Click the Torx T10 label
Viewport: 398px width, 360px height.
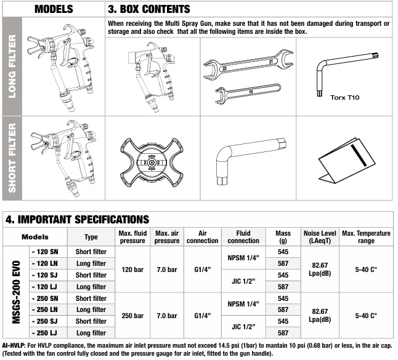(344, 97)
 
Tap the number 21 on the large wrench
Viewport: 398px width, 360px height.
(271, 62)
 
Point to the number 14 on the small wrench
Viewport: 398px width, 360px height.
(251, 91)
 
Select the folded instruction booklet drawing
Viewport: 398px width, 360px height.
(347, 160)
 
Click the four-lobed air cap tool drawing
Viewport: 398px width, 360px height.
(152, 162)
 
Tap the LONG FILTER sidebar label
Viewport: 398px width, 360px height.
(12, 66)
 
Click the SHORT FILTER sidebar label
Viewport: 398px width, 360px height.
(12, 158)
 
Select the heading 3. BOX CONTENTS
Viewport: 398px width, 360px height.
(148, 9)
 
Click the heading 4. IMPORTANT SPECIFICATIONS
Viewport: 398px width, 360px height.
(77, 220)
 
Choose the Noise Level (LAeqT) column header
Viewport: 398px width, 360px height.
(320, 237)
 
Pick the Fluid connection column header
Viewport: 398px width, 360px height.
(243, 237)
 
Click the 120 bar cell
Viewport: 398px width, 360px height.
(132, 270)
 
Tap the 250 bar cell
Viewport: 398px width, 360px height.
(132, 316)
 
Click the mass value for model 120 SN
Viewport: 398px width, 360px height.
(283, 252)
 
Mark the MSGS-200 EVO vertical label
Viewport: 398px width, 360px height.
(16, 292)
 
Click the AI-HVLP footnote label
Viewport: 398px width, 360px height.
(14, 345)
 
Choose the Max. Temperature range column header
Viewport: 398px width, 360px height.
(366, 237)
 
